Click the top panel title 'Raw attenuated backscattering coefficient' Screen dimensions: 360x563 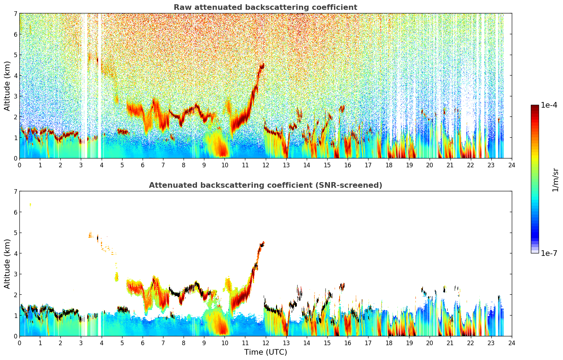pos(265,7)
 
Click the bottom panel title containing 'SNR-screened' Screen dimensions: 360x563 pos(265,185)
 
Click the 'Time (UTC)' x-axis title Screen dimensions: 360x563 pos(265,352)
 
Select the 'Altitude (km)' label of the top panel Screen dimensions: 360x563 pos(7,86)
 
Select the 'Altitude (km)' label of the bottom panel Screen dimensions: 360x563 pos(7,264)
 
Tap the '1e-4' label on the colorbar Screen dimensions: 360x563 pos(549,105)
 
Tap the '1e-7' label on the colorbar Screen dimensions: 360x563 pos(549,253)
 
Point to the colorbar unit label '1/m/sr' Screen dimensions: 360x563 pos(555,179)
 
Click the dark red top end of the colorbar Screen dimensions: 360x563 pos(534,106)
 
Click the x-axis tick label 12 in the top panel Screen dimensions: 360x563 pos(265,165)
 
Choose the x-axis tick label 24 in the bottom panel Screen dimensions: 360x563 pos(511,343)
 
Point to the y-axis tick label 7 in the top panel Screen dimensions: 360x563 pos(15,13)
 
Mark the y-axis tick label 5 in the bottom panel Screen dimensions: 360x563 pos(15,233)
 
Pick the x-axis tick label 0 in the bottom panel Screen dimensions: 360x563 pos(19,343)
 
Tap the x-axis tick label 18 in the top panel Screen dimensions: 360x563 pos(389,165)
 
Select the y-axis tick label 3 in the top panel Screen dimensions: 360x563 pos(15,96)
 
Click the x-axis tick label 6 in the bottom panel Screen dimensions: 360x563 pos(143,343)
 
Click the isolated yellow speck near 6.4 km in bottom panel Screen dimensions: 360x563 pos(30,204)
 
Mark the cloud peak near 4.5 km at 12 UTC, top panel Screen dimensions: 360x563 pos(262,66)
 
